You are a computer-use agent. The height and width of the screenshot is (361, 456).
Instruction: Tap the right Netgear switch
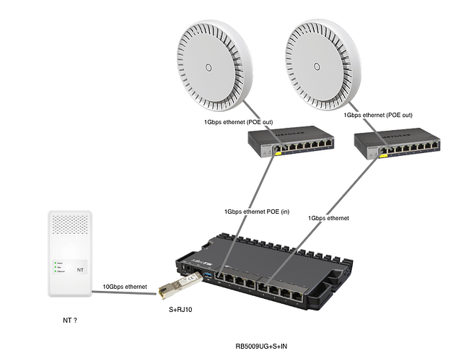pos(398,144)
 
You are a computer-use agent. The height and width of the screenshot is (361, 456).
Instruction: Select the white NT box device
pos(69,253)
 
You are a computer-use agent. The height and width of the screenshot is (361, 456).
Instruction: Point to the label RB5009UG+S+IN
pos(260,347)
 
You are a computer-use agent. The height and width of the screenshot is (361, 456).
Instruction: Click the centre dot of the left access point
pos(208,68)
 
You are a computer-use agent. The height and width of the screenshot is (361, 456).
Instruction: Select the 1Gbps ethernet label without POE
pos(328,217)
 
